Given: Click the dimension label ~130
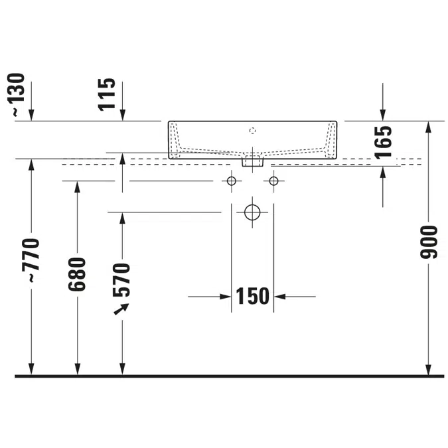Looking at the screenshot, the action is [17, 94].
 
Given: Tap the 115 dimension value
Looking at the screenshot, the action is [107, 94].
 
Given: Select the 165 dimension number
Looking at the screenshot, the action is [383, 142].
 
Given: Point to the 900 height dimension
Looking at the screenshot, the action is [429, 242].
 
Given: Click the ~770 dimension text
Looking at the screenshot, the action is [31, 260].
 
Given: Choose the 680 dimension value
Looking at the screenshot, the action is [77, 274].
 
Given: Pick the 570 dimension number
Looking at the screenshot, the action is [121, 280].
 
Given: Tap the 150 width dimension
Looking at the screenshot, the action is [253, 296].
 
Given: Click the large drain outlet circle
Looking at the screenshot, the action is [252, 212].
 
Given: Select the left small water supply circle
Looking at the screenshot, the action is [232, 181].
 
